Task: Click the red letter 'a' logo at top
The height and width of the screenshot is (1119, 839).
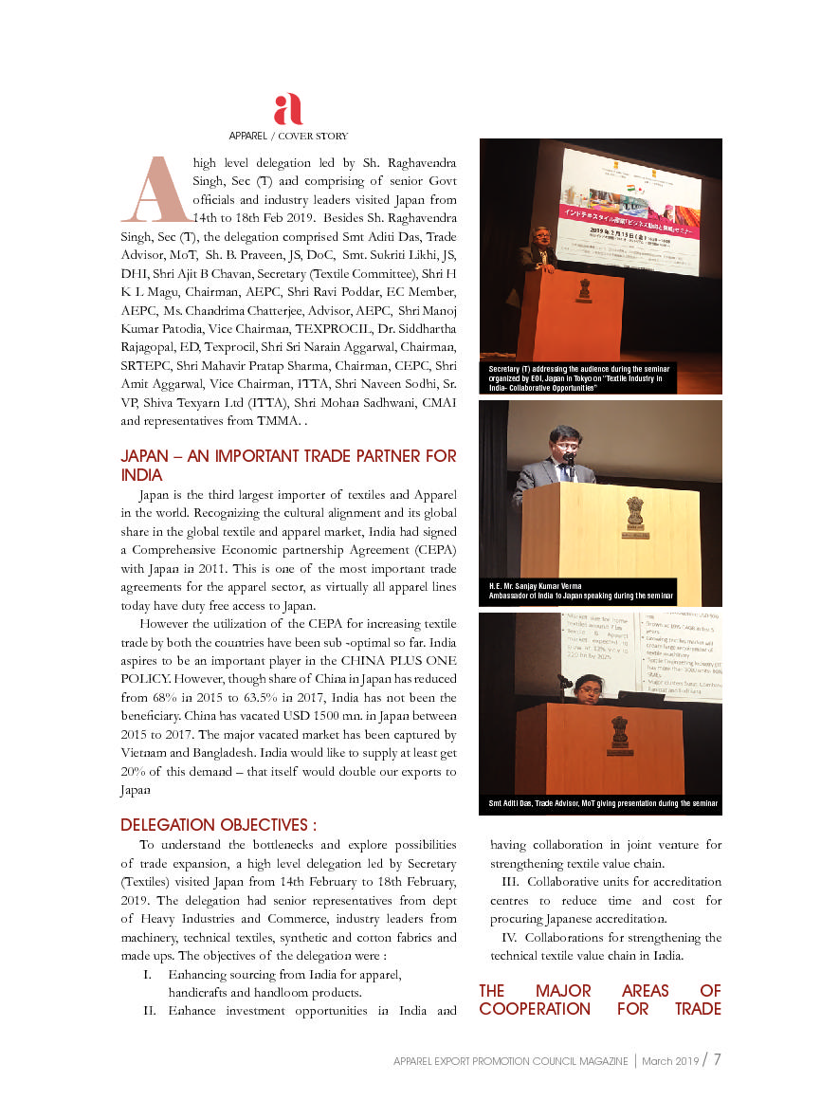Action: point(287,110)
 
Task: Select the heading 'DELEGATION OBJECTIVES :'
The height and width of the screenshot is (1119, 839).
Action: point(219,825)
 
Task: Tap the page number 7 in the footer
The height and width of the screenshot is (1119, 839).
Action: point(718,1058)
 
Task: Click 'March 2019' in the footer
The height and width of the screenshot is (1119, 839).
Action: point(670,1060)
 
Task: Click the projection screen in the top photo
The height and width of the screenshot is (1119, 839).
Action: point(630,211)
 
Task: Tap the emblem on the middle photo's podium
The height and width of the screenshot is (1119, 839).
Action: point(634,513)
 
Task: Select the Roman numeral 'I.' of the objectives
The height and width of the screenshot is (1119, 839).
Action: point(147,975)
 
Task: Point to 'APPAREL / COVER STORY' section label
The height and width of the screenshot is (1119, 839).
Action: point(288,136)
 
